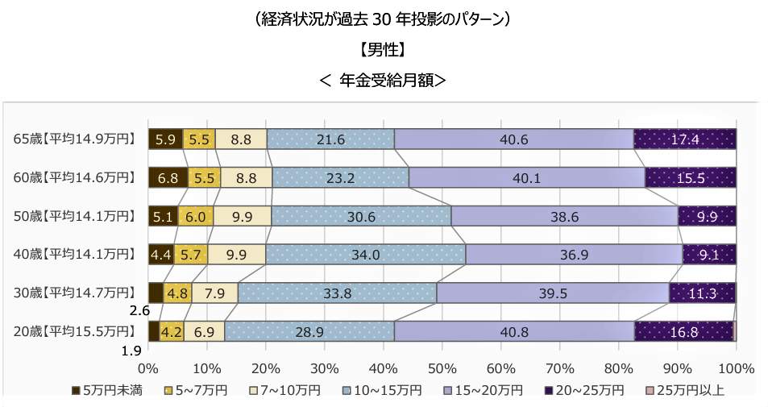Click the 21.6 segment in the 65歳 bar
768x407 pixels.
(330, 139)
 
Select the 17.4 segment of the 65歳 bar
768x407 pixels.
(684, 139)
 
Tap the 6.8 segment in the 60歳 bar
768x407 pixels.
(168, 177)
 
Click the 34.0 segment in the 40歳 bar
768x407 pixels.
(365, 255)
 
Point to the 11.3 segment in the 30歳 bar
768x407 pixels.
(702, 293)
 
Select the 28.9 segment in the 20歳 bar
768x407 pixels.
(309, 331)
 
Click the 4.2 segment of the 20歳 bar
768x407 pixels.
(172, 331)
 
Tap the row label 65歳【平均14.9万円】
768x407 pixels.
(74, 139)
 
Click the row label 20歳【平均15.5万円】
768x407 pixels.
(74, 330)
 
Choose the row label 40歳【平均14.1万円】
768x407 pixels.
(74, 254)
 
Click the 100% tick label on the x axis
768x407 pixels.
(735, 369)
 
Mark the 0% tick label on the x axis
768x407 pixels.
(149, 369)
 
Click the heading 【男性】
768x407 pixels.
(383, 50)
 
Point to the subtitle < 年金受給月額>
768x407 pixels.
(383, 80)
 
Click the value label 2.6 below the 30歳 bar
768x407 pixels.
(139, 309)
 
